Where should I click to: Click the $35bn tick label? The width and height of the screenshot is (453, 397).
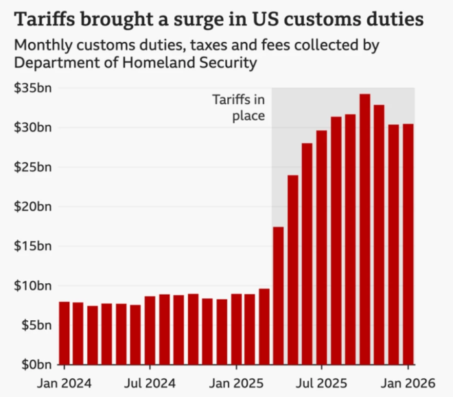point(34,88)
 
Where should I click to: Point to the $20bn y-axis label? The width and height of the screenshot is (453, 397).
point(34,207)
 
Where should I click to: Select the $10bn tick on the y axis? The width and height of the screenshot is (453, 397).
point(34,286)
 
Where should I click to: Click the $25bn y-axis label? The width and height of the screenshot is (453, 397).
point(34,167)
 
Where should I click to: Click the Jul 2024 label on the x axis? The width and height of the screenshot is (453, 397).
point(149,383)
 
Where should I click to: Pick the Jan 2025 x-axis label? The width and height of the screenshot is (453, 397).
point(235,383)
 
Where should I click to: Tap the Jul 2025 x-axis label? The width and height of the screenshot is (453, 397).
point(321,383)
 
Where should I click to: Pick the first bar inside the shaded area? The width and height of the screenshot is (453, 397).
point(278,296)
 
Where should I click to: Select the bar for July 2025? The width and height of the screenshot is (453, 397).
point(321,247)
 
